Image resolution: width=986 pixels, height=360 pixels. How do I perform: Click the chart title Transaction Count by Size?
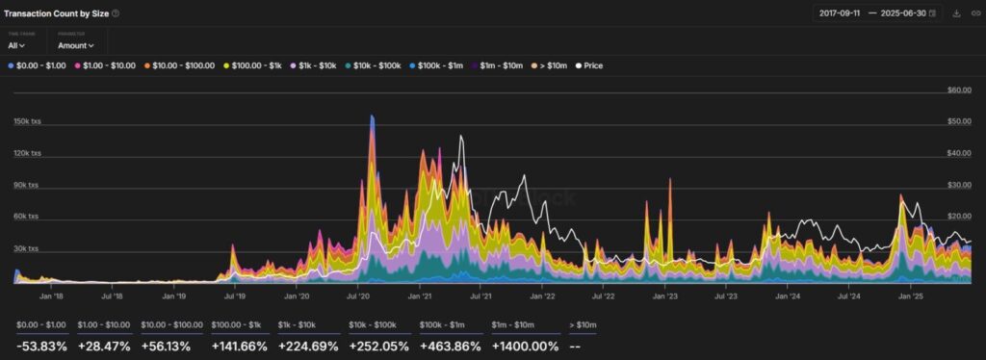coord(56,13)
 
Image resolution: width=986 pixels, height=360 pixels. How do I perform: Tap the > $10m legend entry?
coord(551,65)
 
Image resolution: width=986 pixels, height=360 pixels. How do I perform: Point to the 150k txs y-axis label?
coord(27,121)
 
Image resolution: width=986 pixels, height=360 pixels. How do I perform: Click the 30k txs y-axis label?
coord(27,248)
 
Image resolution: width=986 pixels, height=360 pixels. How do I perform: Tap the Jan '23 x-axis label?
coord(665,296)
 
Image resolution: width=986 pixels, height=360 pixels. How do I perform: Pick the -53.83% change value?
coord(41,345)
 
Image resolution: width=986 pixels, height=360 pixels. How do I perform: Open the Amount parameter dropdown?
coord(76,45)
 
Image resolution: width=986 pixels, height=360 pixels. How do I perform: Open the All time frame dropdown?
coord(16,45)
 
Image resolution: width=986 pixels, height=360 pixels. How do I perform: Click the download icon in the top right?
coord(956,13)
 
